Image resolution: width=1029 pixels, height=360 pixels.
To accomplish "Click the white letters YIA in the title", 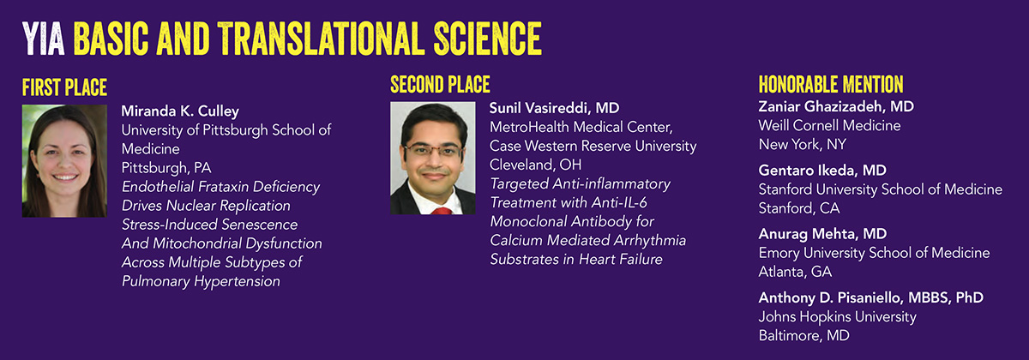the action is pos(43,39).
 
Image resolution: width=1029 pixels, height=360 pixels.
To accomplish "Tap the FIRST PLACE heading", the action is pos(65,87).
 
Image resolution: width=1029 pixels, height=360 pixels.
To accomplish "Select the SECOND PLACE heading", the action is pos(440,85).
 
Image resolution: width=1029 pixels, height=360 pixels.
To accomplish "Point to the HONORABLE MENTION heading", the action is pos(831,85).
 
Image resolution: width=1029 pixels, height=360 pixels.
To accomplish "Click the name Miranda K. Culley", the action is pos(180,111).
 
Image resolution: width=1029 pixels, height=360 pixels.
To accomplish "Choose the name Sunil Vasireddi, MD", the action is pos(554,108).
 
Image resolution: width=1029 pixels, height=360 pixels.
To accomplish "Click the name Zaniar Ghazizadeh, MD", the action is pos(836,106).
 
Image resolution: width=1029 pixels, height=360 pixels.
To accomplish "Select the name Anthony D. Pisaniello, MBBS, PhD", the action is pos(871,298).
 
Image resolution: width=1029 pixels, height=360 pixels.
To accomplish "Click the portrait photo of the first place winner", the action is pos(65,161).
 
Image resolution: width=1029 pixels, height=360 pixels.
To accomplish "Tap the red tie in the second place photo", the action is pos(442,211).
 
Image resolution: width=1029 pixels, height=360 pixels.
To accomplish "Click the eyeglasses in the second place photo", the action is pos(433,150).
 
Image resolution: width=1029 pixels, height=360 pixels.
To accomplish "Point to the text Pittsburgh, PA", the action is pos(166,168).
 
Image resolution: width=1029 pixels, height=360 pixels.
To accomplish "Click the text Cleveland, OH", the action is pos(535,165).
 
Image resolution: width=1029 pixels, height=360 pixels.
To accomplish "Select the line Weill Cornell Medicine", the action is pos(830,125).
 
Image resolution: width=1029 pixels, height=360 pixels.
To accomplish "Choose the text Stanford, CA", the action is pos(799,208).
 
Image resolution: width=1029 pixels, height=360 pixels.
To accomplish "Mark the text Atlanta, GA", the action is pos(795,272).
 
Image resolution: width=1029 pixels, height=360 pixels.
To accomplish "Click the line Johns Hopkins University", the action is pos(838,317).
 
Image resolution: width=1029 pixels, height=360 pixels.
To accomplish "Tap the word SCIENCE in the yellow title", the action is pos(488,39).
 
